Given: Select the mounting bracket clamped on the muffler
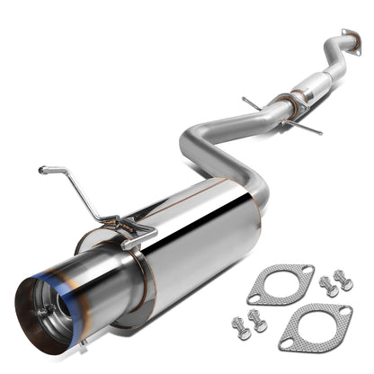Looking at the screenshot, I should pyautogui.click(x=131, y=234).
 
